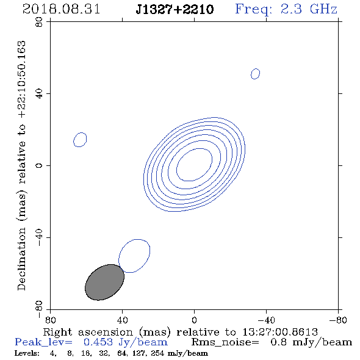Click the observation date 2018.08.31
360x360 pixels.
(61, 9)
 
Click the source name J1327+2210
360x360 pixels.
(175, 10)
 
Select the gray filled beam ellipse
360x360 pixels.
(104, 282)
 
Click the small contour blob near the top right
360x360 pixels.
(255, 74)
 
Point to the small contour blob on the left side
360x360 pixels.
(80, 140)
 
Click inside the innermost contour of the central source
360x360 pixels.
(194, 164)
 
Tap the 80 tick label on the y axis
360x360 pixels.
(39, 22)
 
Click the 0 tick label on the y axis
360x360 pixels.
(39, 165)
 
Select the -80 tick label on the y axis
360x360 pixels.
(39, 308)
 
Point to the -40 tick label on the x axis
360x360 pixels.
(266, 320)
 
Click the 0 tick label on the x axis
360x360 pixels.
(194, 320)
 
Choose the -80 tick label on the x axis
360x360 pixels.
(338, 320)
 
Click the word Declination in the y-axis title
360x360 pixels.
(21, 259)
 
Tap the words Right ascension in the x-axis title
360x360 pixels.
(88, 332)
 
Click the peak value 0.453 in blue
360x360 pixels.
(98, 342)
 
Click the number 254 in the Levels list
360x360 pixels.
(157, 353)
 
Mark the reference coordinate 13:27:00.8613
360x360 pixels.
(280, 332)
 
